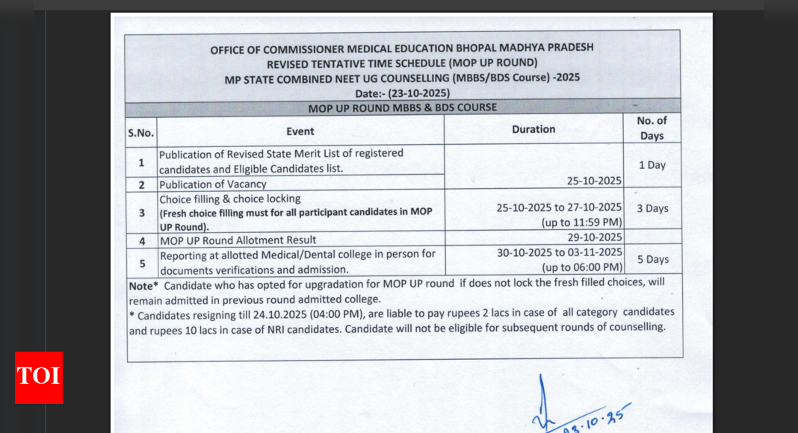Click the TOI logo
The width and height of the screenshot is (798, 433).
click(x=39, y=377)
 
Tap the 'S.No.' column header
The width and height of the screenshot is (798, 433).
click(x=140, y=132)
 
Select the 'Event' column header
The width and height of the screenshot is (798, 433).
click(x=300, y=131)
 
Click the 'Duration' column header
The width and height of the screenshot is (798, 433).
click(x=533, y=129)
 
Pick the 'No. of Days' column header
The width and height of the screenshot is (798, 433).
click(x=652, y=128)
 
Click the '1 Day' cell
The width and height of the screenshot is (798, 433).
click(x=652, y=165)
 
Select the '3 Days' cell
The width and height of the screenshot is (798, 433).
click(x=652, y=208)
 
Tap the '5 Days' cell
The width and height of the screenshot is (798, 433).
click(x=652, y=259)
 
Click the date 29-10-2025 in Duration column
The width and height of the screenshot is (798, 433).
click(x=590, y=237)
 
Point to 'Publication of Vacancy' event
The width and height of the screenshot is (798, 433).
click(x=213, y=184)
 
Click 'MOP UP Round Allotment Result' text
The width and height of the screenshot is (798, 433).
click(x=238, y=240)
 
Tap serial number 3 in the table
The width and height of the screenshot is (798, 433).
click(x=141, y=213)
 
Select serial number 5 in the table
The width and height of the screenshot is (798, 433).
click(x=141, y=262)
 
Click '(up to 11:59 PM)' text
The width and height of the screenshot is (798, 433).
click(x=582, y=222)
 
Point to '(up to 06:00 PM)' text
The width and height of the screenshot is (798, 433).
click(x=582, y=267)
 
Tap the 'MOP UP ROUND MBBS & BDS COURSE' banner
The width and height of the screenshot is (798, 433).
click(x=403, y=108)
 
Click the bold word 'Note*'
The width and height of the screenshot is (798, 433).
click(x=143, y=285)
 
